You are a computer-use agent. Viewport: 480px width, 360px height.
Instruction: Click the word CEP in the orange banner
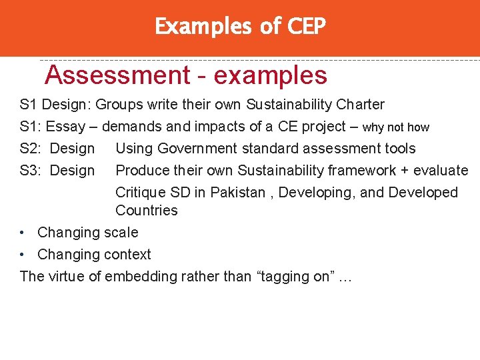pyautogui.click(x=306, y=27)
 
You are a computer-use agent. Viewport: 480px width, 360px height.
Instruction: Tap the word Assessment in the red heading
pyautogui.click(x=117, y=75)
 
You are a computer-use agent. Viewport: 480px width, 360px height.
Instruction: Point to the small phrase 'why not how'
pyautogui.click(x=396, y=127)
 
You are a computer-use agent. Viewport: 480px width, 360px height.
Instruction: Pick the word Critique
pyautogui.click(x=140, y=193)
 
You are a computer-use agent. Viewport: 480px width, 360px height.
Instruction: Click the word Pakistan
pyautogui.click(x=233, y=193)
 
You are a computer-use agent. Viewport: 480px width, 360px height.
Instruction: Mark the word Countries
pyautogui.click(x=147, y=211)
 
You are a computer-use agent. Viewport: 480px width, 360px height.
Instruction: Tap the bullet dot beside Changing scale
pyautogui.click(x=23, y=233)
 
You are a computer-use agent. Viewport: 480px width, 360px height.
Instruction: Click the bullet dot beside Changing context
pyautogui.click(x=23, y=255)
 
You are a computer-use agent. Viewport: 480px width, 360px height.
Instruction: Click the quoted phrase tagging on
pyautogui.click(x=293, y=277)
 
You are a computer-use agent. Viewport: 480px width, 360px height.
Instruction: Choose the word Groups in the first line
pyautogui.click(x=117, y=105)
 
